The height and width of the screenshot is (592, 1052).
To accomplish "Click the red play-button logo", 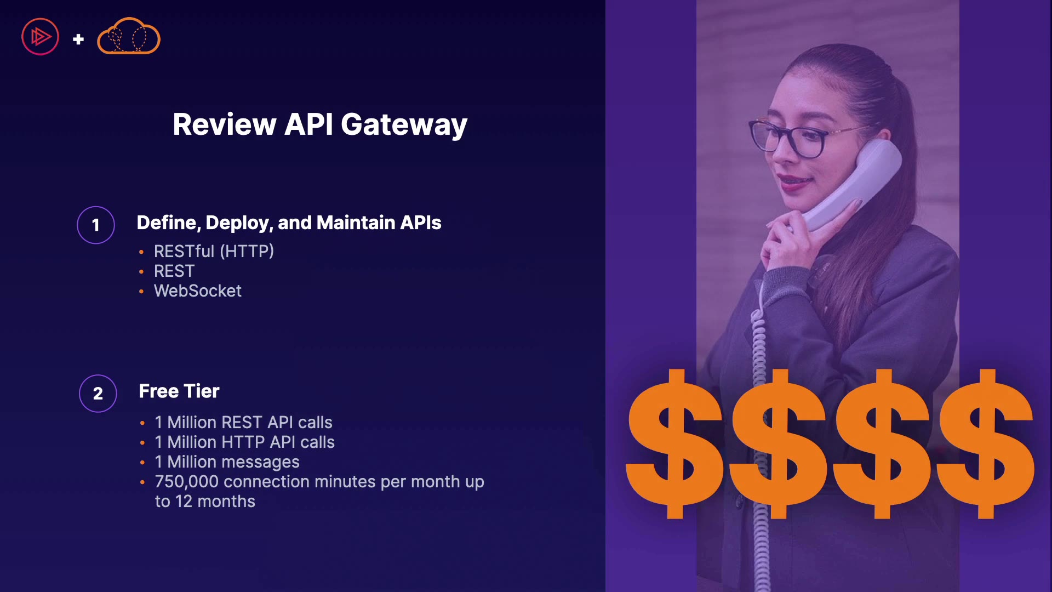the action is tap(40, 37).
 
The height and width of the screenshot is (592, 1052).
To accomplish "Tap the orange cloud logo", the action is tap(129, 36).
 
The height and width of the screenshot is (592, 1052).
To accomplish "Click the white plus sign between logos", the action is tap(78, 39).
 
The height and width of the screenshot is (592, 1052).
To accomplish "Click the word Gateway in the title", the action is tap(404, 126).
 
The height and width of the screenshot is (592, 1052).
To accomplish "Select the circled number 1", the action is tap(96, 225).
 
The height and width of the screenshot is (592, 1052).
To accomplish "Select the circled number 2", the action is tap(98, 394).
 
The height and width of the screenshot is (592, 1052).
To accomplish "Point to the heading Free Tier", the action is tap(179, 391).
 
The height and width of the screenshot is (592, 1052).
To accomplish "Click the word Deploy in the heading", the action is tap(239, 223).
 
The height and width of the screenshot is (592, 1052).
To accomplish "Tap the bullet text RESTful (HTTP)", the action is tap(214, 251).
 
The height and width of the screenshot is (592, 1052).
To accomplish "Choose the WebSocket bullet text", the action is tap(198, 291).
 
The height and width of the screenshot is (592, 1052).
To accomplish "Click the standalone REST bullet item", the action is tap(174, 271).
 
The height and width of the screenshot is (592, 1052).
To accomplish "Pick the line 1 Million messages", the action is tap(227, 462).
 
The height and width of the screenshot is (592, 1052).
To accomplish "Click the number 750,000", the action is tap(187, 482).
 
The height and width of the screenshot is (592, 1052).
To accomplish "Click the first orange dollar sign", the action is tap(674, 443).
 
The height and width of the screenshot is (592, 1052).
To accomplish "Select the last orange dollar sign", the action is tap(986, 443).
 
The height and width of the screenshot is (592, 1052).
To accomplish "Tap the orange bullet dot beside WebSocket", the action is tap(141, 292).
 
